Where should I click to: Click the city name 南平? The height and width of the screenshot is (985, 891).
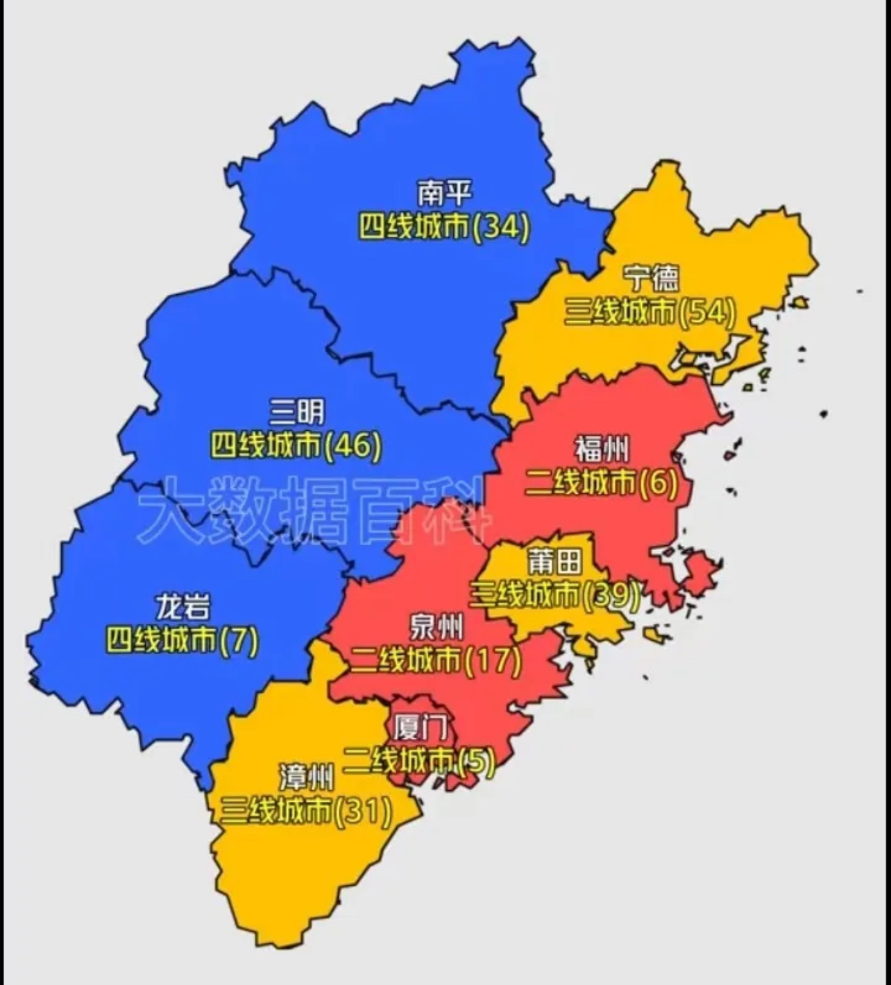tap(444, 194)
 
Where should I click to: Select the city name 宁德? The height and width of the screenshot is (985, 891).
tap(650, 279)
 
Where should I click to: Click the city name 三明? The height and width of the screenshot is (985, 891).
tap(296, 413)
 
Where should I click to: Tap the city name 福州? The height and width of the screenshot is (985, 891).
tap(602, 449)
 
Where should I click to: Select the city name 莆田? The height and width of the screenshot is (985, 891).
tap(554, 562)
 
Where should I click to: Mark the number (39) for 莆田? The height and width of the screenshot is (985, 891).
tap(611, 595)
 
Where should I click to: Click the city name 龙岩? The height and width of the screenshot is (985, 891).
tap(182, 608)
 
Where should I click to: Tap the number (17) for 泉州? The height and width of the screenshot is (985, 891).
tap(493, 660)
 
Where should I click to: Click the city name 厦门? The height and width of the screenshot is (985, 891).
tap(420, 728)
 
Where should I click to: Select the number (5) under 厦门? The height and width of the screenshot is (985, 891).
tap(477, 762)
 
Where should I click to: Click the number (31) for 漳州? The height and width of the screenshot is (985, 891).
tap(363, 810)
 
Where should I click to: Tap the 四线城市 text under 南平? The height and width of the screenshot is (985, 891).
tap(414, 226)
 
